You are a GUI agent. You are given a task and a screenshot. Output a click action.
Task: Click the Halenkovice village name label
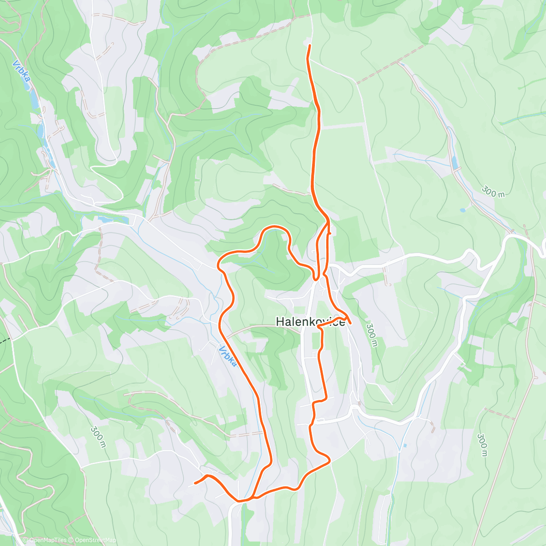tap(310, 322)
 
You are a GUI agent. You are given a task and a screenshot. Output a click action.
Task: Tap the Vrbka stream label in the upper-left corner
tap(22, 71)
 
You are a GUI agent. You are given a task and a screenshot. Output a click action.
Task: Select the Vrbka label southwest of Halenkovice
tap(227, 357)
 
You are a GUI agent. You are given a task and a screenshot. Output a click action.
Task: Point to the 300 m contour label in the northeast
tap(493, 192)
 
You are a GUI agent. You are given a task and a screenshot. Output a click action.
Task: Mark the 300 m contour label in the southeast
tap(482, 445)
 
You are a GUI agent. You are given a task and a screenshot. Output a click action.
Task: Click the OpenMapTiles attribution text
tap(47, 541)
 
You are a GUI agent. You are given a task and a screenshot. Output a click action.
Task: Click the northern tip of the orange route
tap(310, 45)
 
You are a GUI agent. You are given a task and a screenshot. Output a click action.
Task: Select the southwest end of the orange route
tap(195, 483)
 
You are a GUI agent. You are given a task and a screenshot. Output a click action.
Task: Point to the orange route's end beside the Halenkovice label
tap(351, 323)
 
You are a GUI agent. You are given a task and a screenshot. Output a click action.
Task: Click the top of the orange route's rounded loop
tap(274, 226)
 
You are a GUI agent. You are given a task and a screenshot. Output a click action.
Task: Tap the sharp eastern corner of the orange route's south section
tap(329, 460)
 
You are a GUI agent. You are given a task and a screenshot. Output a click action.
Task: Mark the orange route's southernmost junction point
tap(239, 500)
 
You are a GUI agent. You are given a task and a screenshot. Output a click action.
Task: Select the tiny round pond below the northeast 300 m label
tap(462, 210)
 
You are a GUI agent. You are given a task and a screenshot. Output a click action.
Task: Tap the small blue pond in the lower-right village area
tap(404, 445)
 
